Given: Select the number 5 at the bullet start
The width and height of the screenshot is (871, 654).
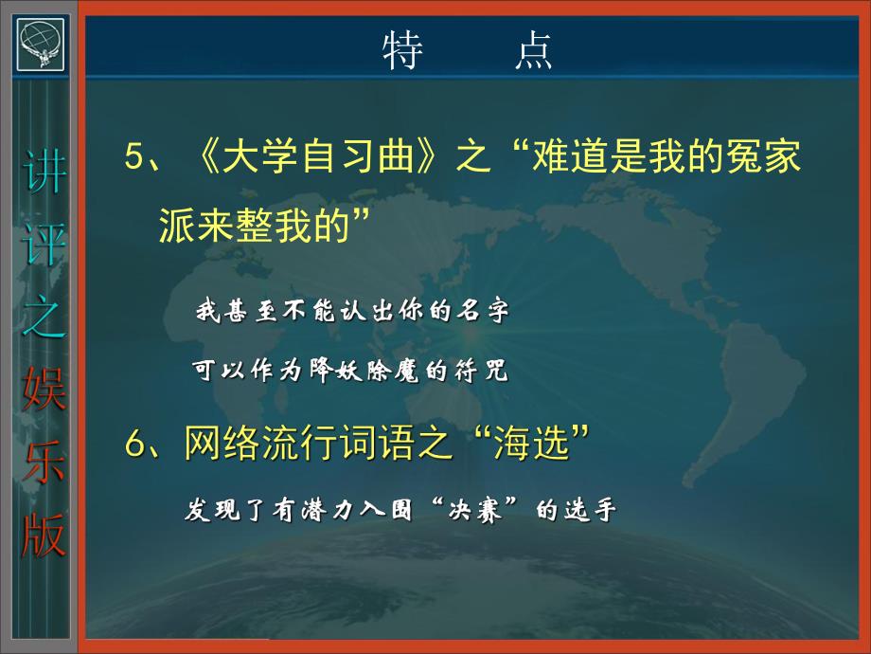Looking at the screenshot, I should coord(134,157).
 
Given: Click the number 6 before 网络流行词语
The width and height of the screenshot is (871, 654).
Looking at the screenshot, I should coord(134,443).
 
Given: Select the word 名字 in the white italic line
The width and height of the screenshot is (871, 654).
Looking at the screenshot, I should coord(489,311).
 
